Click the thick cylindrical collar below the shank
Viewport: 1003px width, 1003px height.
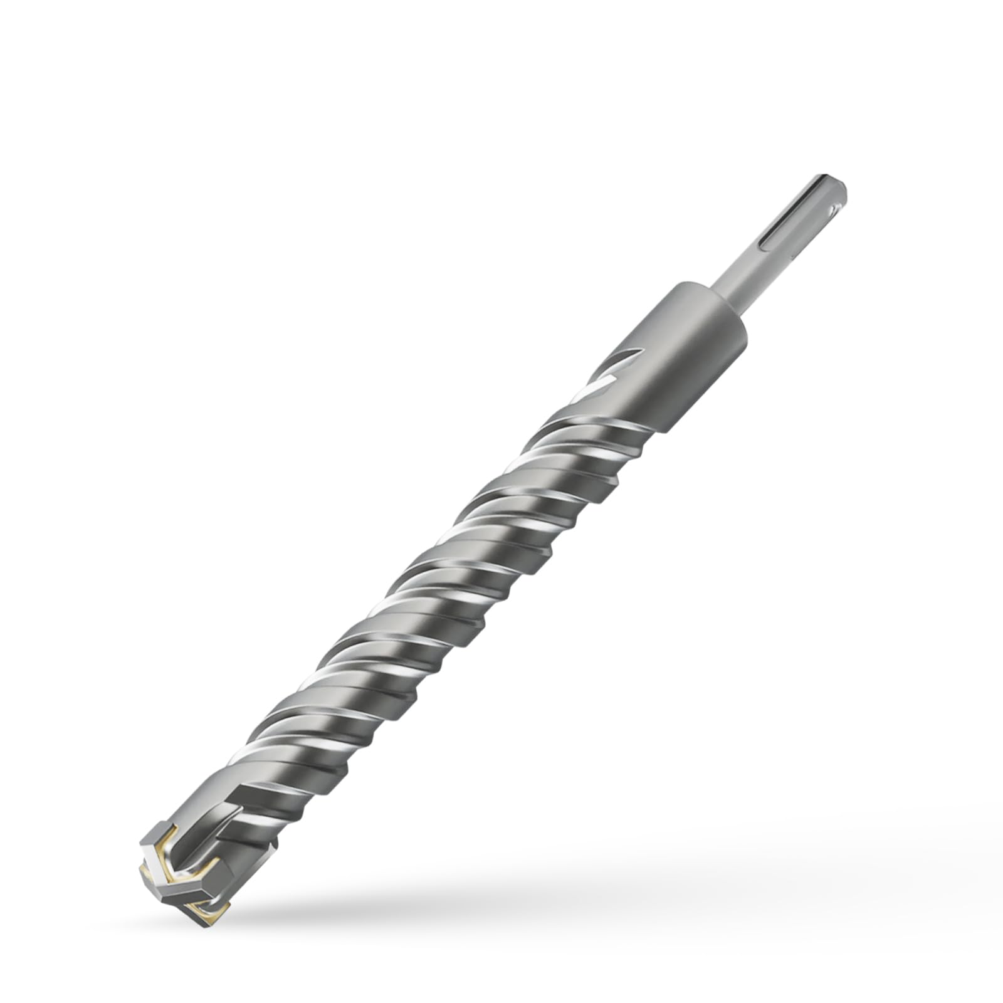tap(696, 351)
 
